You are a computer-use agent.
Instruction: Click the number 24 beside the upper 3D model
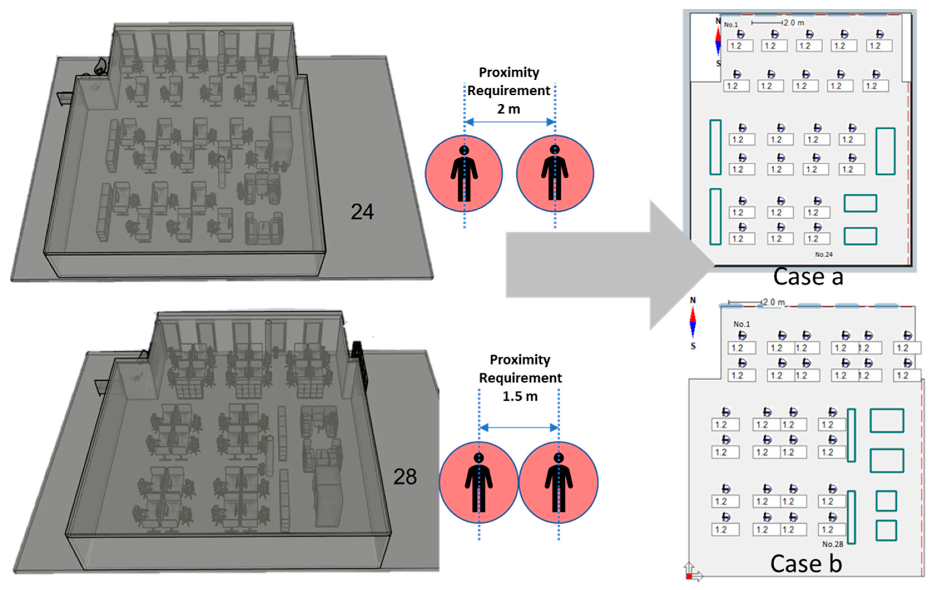(x=362, y=212)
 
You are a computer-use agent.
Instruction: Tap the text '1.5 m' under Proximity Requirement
(x=520, y=396)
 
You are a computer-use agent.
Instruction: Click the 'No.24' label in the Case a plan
(x=824, y=254)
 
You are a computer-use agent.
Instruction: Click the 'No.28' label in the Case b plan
(x=833, y=544)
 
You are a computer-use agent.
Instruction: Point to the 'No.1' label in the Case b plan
(x=741, y=324)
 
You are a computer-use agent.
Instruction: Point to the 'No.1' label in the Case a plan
(x=731, y=24)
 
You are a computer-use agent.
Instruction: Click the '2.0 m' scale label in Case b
(x=774, y=302)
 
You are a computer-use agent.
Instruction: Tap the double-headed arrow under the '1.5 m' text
(x=519, y=428)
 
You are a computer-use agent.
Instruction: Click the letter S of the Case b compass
(x=693, y=346)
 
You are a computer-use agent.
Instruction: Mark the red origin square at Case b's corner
(x=689, y=576)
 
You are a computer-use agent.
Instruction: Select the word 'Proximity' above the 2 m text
(x=509, y=72)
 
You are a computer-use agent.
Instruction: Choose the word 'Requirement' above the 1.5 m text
(x=520, y=378)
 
